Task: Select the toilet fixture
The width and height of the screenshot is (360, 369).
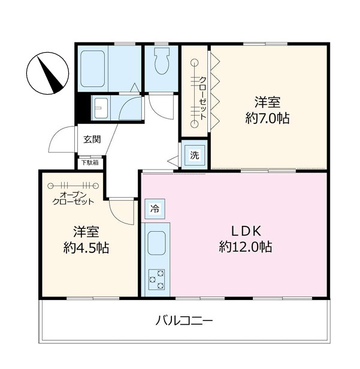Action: (161, 62)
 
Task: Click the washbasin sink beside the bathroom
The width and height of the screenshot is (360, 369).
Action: (99, 108)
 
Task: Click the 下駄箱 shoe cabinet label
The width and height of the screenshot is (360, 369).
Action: (90, 162)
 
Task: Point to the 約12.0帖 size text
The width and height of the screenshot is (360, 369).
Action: (245, 246)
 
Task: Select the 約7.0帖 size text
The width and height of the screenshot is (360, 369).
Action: (267, 119)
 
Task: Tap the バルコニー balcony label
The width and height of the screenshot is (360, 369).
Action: (184, 320)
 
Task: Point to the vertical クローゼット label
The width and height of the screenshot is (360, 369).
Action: (202, 99)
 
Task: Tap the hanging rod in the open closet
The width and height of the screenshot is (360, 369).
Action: (72, 186)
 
